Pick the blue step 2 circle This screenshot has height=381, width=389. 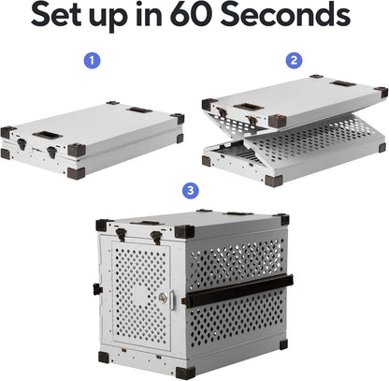(295, 59)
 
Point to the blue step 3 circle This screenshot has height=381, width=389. (193, 190)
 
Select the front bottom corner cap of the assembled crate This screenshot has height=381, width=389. (184, 372)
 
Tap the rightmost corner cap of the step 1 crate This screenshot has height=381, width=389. (177, 119)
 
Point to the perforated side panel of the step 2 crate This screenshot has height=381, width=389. (318, 140)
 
